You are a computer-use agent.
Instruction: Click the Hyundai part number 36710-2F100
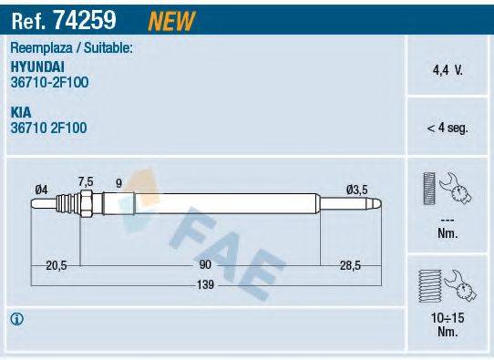(x=50, y=81)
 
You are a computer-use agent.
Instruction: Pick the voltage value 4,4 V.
(x=447, y=68)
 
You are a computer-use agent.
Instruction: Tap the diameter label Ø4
(x=41, y=189)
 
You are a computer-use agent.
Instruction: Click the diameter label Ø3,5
(x=356, y=189)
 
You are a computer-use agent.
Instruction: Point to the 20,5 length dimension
(x=57, y=264)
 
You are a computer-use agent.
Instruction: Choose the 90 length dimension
(x=205, y=264)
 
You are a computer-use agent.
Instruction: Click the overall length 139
(x=205, y=285)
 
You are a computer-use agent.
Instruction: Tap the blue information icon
(x=15, y=319)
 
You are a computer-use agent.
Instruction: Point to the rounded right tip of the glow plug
(x=380, y=205)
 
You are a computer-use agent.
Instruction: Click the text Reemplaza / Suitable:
(x=72, y=48)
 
